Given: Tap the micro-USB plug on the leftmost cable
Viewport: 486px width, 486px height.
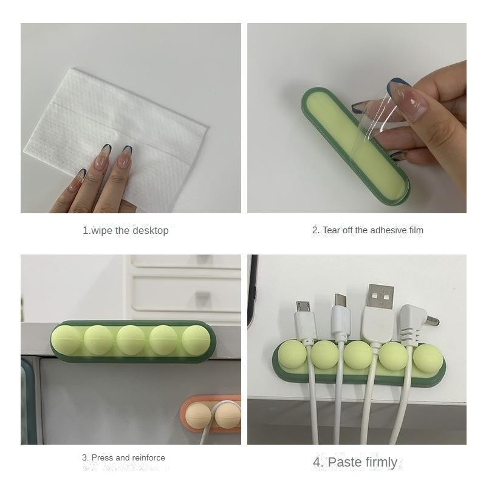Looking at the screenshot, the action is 303,307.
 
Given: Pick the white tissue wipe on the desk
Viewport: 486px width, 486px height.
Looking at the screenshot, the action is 118,136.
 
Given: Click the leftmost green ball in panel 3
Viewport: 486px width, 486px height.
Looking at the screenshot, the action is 66,340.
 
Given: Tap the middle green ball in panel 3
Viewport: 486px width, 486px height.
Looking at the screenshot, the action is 131,340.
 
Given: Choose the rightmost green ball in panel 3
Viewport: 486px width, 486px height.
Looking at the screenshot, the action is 196,340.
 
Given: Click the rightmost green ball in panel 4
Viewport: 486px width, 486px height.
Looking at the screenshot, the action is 428,358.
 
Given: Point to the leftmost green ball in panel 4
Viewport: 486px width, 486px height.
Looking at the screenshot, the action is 292,354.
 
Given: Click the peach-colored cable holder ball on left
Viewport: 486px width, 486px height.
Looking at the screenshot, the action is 199,416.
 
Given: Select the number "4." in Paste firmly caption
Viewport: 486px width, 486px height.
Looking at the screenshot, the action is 318,462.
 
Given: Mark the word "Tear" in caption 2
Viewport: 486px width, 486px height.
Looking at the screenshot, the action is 332,230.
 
